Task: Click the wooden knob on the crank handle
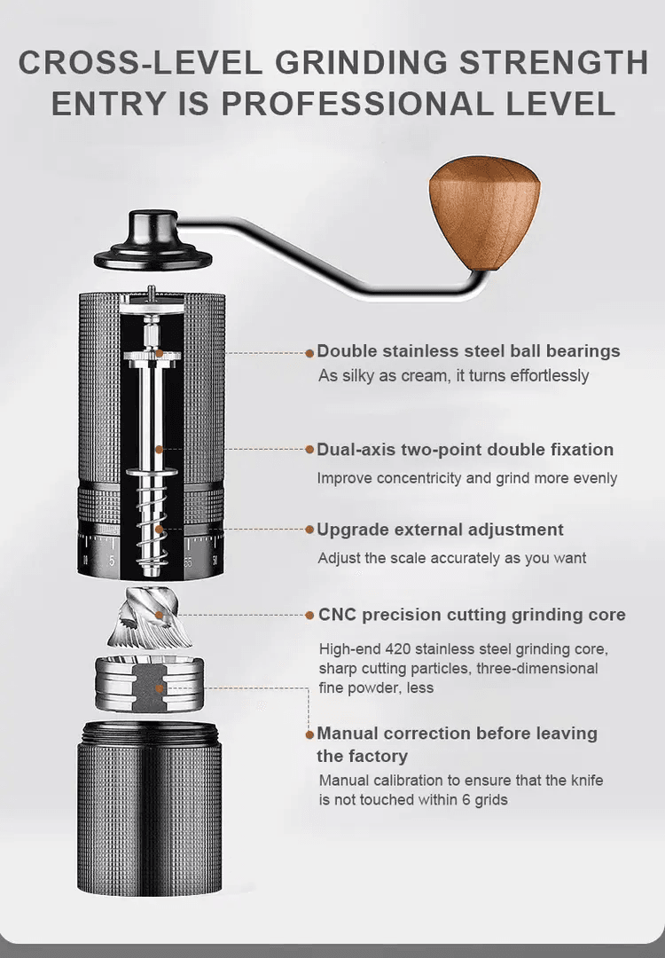(484, 212)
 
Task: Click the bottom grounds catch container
(149, 807)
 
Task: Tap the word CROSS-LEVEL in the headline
(140, 63)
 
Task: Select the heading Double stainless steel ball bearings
(468, 350)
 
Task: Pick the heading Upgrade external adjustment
(441, 529)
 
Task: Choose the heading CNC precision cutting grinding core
(472, 614)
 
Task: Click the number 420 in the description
(398, 648)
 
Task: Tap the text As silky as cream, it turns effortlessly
(454, 375)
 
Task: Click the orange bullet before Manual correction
(309, 734)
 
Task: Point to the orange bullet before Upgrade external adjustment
(309, 529)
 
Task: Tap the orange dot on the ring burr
(159, 688)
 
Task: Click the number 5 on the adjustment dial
(111, 561)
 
